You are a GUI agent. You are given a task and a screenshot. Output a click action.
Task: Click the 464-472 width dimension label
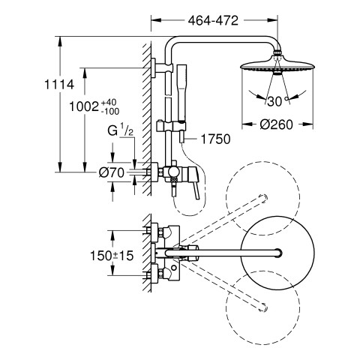[x=213, y=20]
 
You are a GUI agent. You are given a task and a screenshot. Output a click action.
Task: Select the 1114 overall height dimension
[x=59, y=85]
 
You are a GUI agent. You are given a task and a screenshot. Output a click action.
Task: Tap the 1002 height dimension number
[x=84, y=106]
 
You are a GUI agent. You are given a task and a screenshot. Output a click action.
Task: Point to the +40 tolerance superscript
[x=109, y=102]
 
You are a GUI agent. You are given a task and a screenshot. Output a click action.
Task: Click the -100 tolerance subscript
[x=110, y=111]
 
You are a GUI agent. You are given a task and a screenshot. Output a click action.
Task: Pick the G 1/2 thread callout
[x=121, y=130]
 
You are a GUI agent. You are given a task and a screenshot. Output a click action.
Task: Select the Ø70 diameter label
[x=112, y=172]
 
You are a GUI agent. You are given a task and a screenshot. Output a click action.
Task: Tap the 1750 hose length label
[x=215, y=139]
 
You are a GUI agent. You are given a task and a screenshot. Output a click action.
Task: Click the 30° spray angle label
[x=277, y=101]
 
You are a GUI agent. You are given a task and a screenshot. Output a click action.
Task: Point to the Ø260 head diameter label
[x=276, y=124]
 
